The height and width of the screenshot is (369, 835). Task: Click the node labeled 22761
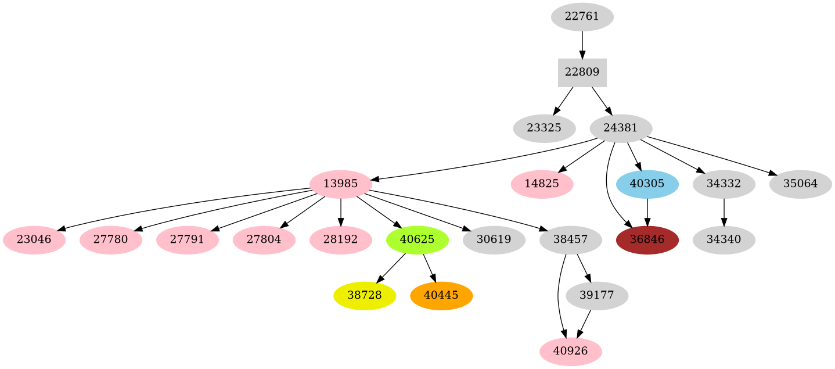582,17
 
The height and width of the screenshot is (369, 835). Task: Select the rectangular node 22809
582,73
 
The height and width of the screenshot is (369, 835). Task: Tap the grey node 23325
544,128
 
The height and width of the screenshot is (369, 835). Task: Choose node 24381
621,128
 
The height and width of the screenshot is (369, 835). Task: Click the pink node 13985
340,184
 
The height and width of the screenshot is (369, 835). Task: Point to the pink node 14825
542,184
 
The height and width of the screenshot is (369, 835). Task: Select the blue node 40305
647,184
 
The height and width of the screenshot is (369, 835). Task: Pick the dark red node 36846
647,240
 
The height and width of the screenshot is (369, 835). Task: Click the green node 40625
417,240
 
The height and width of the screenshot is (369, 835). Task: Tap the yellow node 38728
365,296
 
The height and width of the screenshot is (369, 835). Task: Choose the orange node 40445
441,296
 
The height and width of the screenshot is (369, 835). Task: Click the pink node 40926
570,352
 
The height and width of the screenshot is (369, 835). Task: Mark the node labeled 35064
800,184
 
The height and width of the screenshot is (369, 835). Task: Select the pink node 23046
34,240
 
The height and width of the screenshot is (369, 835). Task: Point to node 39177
596,296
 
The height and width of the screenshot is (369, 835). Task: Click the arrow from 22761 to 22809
582,45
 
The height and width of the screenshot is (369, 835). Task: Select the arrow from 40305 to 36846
647,212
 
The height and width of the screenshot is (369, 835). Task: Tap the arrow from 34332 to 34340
724,212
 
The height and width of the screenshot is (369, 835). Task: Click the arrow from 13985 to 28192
340,212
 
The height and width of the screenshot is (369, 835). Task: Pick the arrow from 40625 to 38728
391,267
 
